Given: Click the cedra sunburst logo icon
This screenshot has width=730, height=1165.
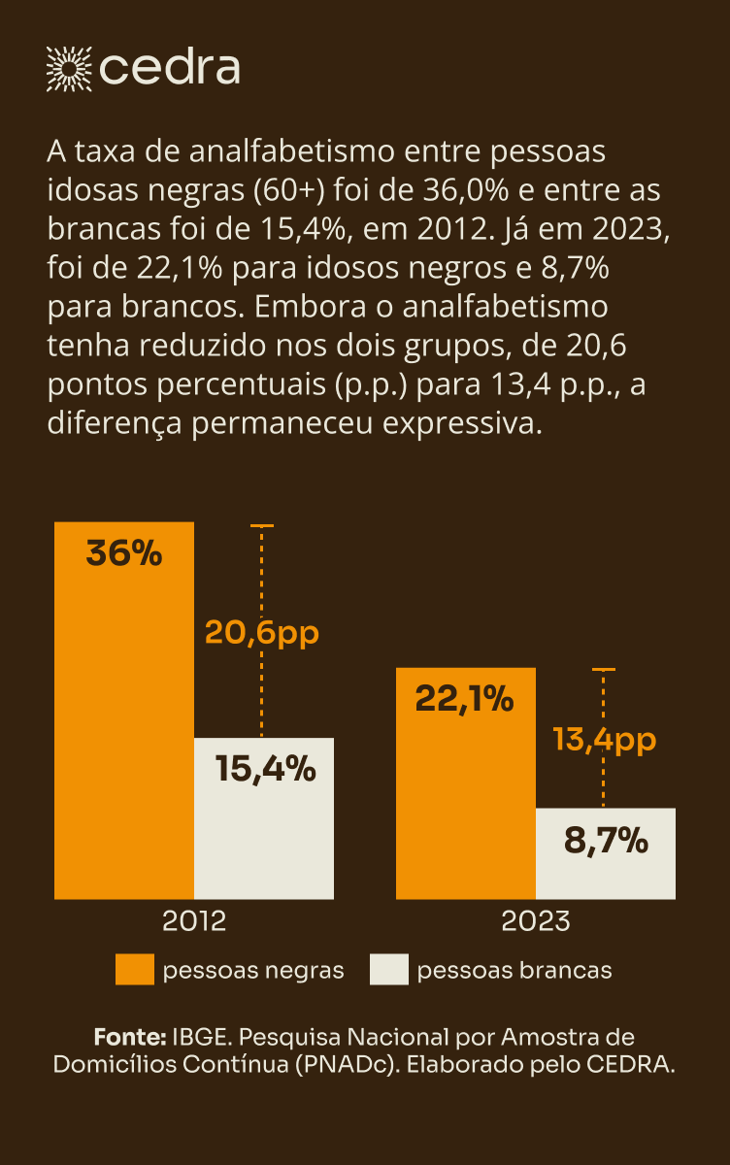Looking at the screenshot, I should click(x=69, y=67).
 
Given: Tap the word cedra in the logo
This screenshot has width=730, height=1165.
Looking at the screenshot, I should click(x=170, y=67).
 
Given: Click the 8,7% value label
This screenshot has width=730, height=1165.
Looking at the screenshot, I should click(x=606, y=840).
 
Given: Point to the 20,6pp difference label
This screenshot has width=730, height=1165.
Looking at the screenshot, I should click(x=262, y=633).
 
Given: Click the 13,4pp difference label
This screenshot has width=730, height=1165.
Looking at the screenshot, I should click(x=605, y=740).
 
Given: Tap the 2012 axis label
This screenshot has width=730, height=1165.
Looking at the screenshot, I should click(x=193, y=920).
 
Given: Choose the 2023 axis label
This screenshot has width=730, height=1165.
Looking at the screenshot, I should click(x=536, y=920).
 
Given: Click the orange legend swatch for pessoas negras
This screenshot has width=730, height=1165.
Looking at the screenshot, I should click(x=134, y=970).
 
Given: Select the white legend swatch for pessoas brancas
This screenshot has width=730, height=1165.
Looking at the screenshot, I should click(x=388, y=970).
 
